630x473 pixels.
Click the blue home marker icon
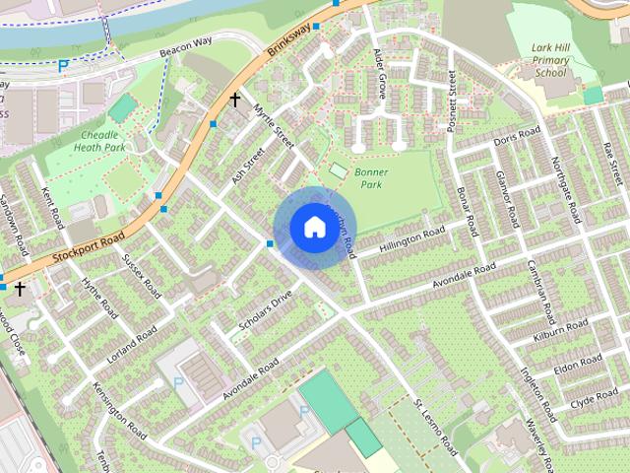pyautogui.click(x=313, y=228)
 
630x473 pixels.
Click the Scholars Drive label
pyautogui.click(x=267, y=309)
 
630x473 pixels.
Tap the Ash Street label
pyautogui.click(x=249, y=165)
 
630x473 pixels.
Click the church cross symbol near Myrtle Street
pyautogui.click(x=235, y=100)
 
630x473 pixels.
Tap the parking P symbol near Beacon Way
pyautogui.click(x=64, y=66)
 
